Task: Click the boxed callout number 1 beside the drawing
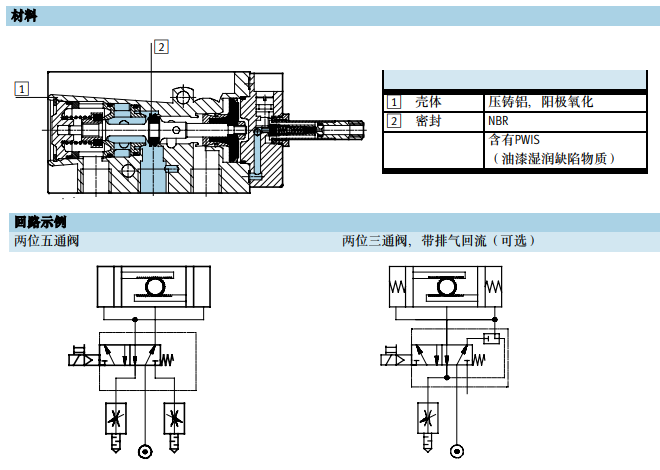tap(22, 88)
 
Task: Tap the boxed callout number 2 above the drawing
tap(160, 46)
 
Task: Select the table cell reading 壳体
tap(428, 102)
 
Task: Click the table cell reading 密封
tap(428, 121)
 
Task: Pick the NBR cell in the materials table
tap(498, 121)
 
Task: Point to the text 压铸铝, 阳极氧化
tap(540, 102)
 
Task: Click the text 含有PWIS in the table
tap(514, 140)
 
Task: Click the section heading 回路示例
tap(40, 221)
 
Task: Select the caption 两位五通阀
tap(46, 240)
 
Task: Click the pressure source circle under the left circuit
tap(146, 450)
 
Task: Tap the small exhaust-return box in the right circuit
tap(489, 337)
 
